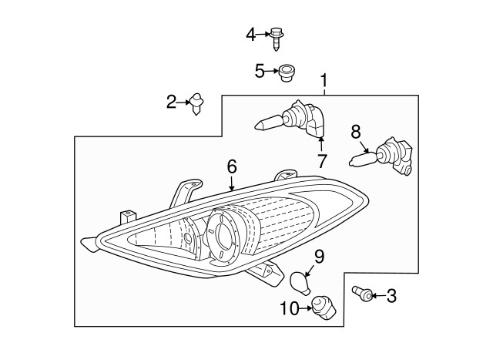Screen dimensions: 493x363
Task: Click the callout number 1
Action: click(324, 80)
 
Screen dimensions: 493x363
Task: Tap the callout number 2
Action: click(171, 102)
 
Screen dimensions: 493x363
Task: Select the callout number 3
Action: click(391, 296)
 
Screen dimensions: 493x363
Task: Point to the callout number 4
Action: click(251, 34)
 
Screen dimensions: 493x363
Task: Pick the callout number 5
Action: click(260, 71)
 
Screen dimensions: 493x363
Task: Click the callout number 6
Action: click(232, 166)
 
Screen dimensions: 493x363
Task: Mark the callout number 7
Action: click(322, 161)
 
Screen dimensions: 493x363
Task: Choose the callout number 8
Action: click(356, 132)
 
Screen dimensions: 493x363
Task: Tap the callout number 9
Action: click(319, 257)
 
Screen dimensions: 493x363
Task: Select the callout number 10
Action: click(290, 308)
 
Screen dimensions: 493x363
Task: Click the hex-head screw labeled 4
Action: click(277, 39)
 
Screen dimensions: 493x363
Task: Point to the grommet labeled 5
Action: click(286, 73)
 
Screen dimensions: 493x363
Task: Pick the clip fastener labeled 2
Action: click(196, 103)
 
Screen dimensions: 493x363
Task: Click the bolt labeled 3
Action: click(362, 293)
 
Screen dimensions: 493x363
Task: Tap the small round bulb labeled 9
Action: click(301, 283)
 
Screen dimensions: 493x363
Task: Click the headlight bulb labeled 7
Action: click(290, 119)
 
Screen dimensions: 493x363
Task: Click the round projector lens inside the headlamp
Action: click(223, 236)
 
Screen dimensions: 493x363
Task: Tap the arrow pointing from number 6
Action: click(232, 183)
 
